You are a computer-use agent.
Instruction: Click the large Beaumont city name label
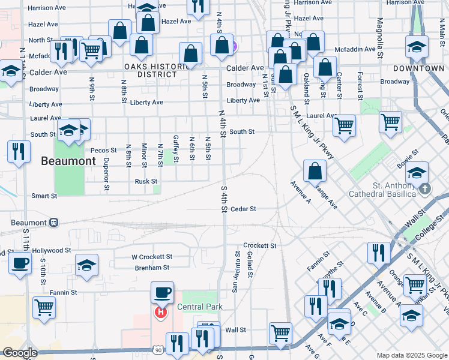click(x=68, y=161)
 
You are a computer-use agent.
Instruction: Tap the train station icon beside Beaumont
click(x=54, y=223)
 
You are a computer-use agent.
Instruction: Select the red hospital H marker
click(x=160, y=312)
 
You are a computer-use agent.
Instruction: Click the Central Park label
click(x=200, y=307)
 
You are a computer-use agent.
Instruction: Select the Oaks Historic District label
click(x=151, y=70)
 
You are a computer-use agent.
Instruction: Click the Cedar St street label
click(x=244, y=209)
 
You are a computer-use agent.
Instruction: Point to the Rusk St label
click(x=146, y=181)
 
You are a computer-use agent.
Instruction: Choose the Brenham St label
click(x=153, y=268)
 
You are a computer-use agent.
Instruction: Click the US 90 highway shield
click(x=158, y=349)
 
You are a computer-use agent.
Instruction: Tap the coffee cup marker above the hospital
click(x=162, y=293)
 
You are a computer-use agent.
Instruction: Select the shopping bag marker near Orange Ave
click(x=315, y=171)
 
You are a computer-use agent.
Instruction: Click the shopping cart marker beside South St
click(x=344, y=125)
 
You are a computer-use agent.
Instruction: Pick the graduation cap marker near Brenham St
click(x=86, y=264)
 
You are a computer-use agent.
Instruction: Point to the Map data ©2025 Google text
click(x=411, y=355)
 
